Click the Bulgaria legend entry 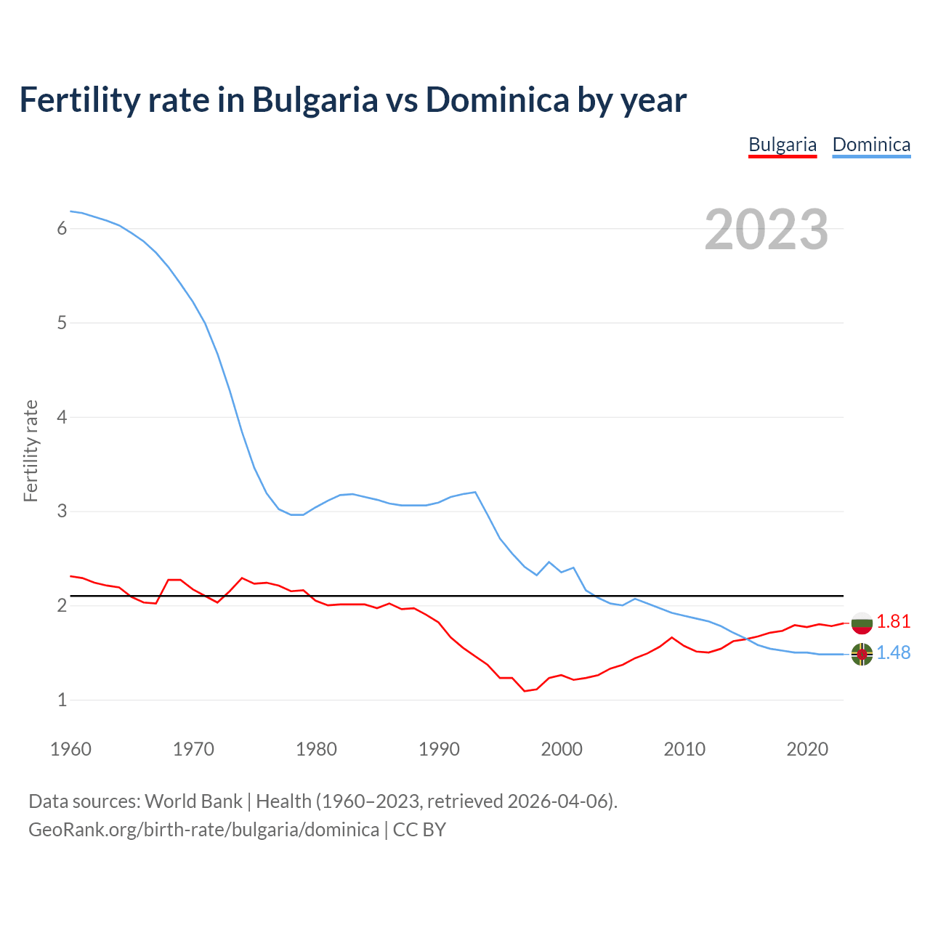pos(783,145)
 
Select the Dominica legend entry pos(871,145)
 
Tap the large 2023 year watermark pos(767,230)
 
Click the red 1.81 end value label pos(893,621)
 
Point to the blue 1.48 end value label pos(893,652)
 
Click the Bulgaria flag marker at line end pos(862,623)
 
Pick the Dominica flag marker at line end pos(862,655)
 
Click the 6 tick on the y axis pos(62,229)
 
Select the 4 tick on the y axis pos(62,417)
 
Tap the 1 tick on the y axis pos(62,700)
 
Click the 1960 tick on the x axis pos(70,749)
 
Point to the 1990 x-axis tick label pos(439,749)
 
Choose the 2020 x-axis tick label pos(807,749)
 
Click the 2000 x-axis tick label pos(562,749)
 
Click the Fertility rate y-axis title pos(31,450)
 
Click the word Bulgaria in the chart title pos(315,100)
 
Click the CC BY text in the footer pos(419,830)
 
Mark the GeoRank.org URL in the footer pos(203,830)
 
